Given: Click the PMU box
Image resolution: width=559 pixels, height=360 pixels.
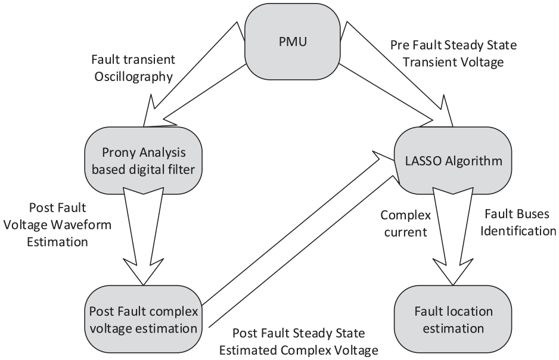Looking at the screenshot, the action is pos(293,42).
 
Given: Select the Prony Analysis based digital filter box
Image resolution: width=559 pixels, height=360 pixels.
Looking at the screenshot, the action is pos(143,161).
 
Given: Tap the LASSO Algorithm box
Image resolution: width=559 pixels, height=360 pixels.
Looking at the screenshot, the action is pos(453,161).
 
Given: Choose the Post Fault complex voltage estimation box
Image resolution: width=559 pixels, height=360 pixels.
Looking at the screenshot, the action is pos(143,319).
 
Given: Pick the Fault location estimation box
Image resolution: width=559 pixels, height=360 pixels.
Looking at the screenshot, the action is pos(453,319).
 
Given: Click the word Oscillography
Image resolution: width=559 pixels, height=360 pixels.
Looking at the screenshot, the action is pos(133,77).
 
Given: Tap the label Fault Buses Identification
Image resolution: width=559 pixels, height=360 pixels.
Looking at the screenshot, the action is pos(518,222).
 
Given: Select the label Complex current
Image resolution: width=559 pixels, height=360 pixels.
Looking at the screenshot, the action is pos(406,224).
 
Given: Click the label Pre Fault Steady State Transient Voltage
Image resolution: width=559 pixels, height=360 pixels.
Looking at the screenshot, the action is pos(454,54).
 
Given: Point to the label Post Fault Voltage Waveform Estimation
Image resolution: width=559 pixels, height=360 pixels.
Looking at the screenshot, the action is pos(57,225).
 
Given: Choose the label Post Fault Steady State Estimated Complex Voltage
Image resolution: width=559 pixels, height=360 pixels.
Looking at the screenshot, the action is pos(299,342).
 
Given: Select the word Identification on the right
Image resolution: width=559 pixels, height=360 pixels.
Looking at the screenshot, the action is pos(518,231).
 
